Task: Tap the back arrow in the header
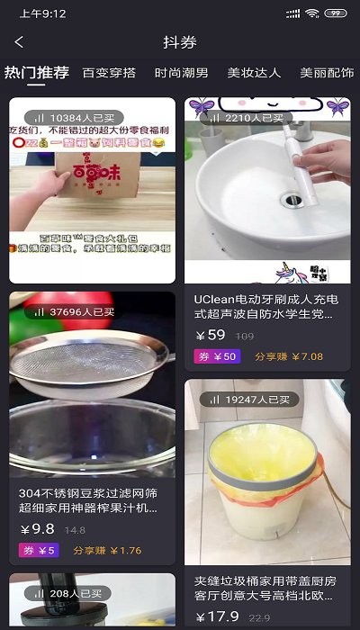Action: click(19, 42)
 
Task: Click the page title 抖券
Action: click(180, 42)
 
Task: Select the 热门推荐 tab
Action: click(36, 73)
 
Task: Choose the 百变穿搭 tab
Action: click(109, 73)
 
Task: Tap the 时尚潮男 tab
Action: click(181, 73)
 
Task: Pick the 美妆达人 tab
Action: click(254, 73)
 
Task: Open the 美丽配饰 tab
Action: click(327, 73)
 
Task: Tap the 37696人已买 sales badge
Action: click(74, 312)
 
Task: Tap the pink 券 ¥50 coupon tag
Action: click(216, 356)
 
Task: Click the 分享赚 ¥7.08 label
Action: click(288, 356)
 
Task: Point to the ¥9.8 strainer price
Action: click(37, 529)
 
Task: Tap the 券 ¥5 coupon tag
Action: click(39, 551)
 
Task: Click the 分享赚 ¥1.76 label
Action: click(107, 551)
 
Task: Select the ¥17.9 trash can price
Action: click(217, 616)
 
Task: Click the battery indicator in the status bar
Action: click(336, 13)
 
